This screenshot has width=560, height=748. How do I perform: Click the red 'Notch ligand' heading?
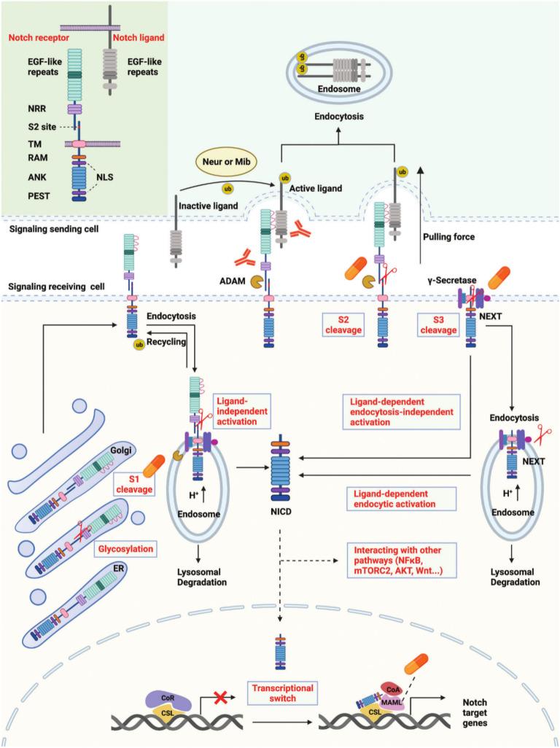[x=141, y=37]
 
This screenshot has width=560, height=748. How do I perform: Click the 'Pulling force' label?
[x=453, y=238]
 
